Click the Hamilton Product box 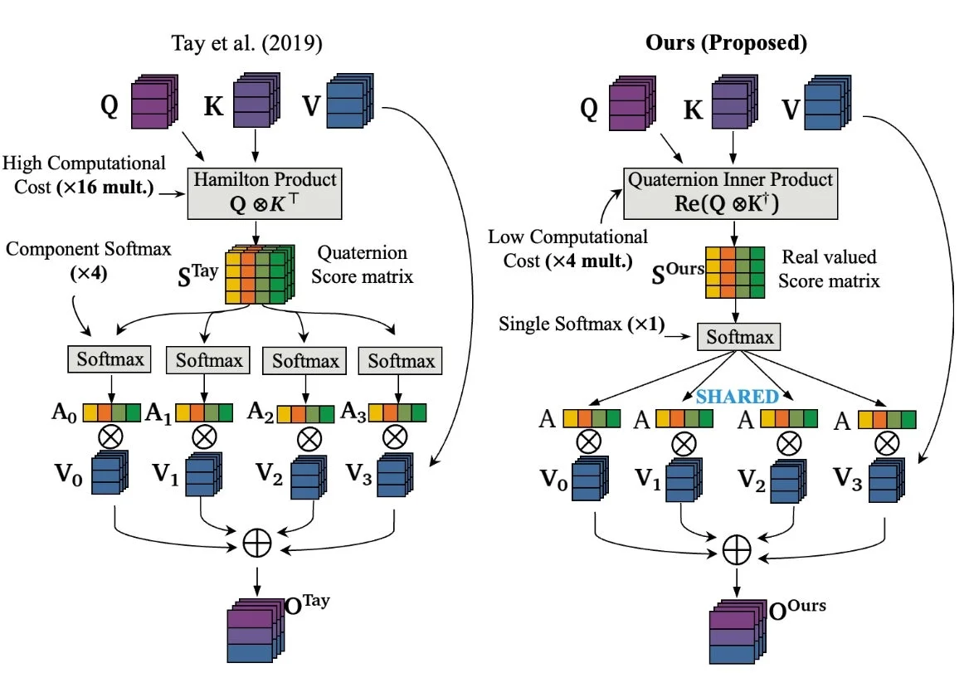[265, 193]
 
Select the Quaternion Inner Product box [730, 193]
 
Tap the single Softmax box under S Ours [739, 337]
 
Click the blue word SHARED [737, 396]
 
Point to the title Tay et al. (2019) [246, 43]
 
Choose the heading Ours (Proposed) [726, 42]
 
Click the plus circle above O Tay [256, 544]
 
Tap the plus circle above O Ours [737, 550]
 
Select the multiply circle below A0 [110, 437]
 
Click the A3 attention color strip [397, 412]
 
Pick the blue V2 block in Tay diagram [304, 477]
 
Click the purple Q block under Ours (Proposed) [631, 103]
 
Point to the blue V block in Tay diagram [350, 100]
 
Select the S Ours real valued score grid [735, 272]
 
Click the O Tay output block [256, 631]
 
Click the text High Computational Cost [84, 175]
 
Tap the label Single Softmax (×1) [582, 324]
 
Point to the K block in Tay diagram [256, 100]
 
